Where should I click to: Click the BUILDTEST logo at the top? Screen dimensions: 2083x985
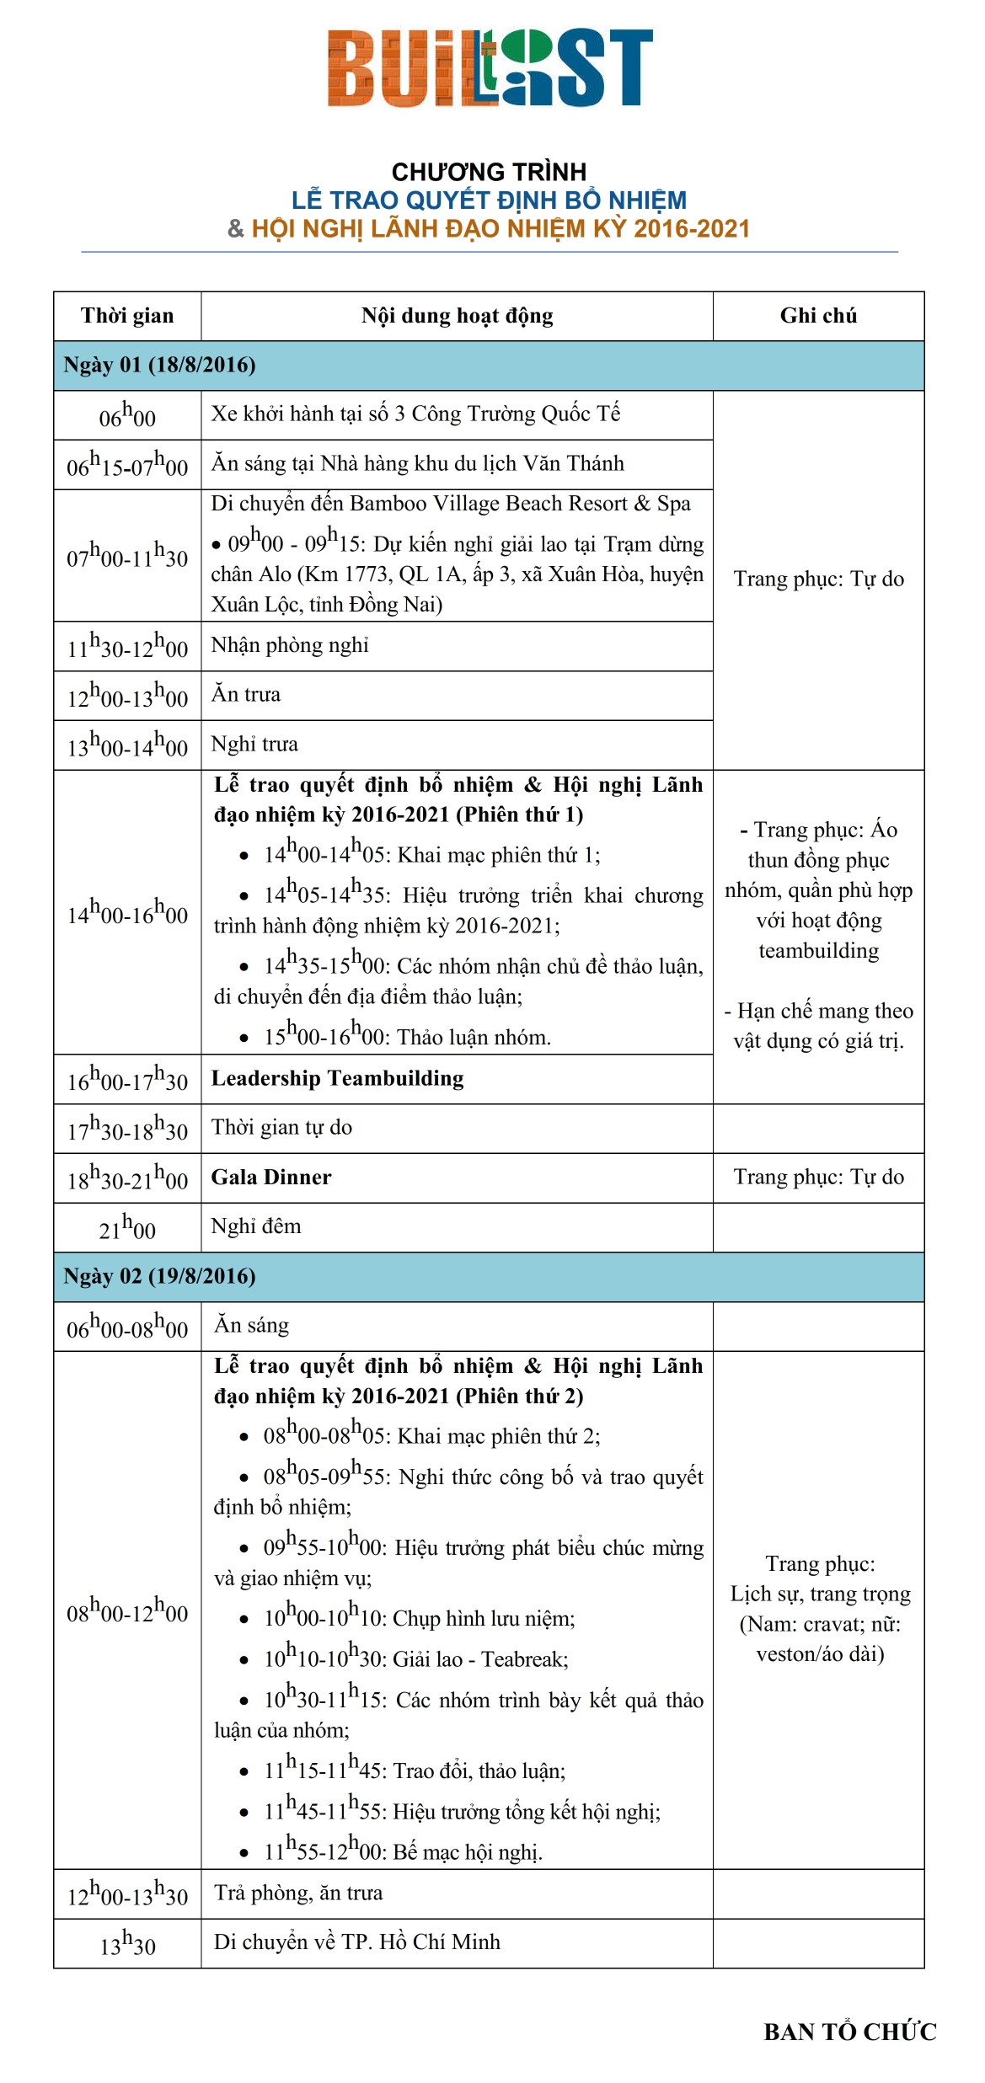[490, 68]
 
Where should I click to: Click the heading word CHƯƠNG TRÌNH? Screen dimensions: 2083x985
[489, 172]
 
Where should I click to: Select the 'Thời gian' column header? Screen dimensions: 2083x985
[127, 316]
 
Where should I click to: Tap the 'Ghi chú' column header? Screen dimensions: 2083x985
[818, 316]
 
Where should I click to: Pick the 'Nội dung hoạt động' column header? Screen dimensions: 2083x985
[457, 316]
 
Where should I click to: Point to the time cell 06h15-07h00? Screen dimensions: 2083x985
[127, 465]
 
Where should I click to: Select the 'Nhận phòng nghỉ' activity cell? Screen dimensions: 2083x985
[290, 645]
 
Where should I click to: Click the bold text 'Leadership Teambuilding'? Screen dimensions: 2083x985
[337, 1078]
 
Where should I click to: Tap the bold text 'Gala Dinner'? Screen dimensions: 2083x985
[271, 1177]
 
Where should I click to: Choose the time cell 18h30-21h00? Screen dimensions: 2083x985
[127, 1178]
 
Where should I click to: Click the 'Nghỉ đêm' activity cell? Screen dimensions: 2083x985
[256, 1226]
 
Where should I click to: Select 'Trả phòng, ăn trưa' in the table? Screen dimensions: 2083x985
[298, 1893]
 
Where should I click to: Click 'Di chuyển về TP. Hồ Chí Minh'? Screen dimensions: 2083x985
[357, 1941]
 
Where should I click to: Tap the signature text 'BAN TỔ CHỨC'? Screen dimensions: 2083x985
[849, 2032]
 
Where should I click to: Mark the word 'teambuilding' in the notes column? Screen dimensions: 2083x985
[818, 951]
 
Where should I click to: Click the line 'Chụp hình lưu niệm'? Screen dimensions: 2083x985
[483, 1618]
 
